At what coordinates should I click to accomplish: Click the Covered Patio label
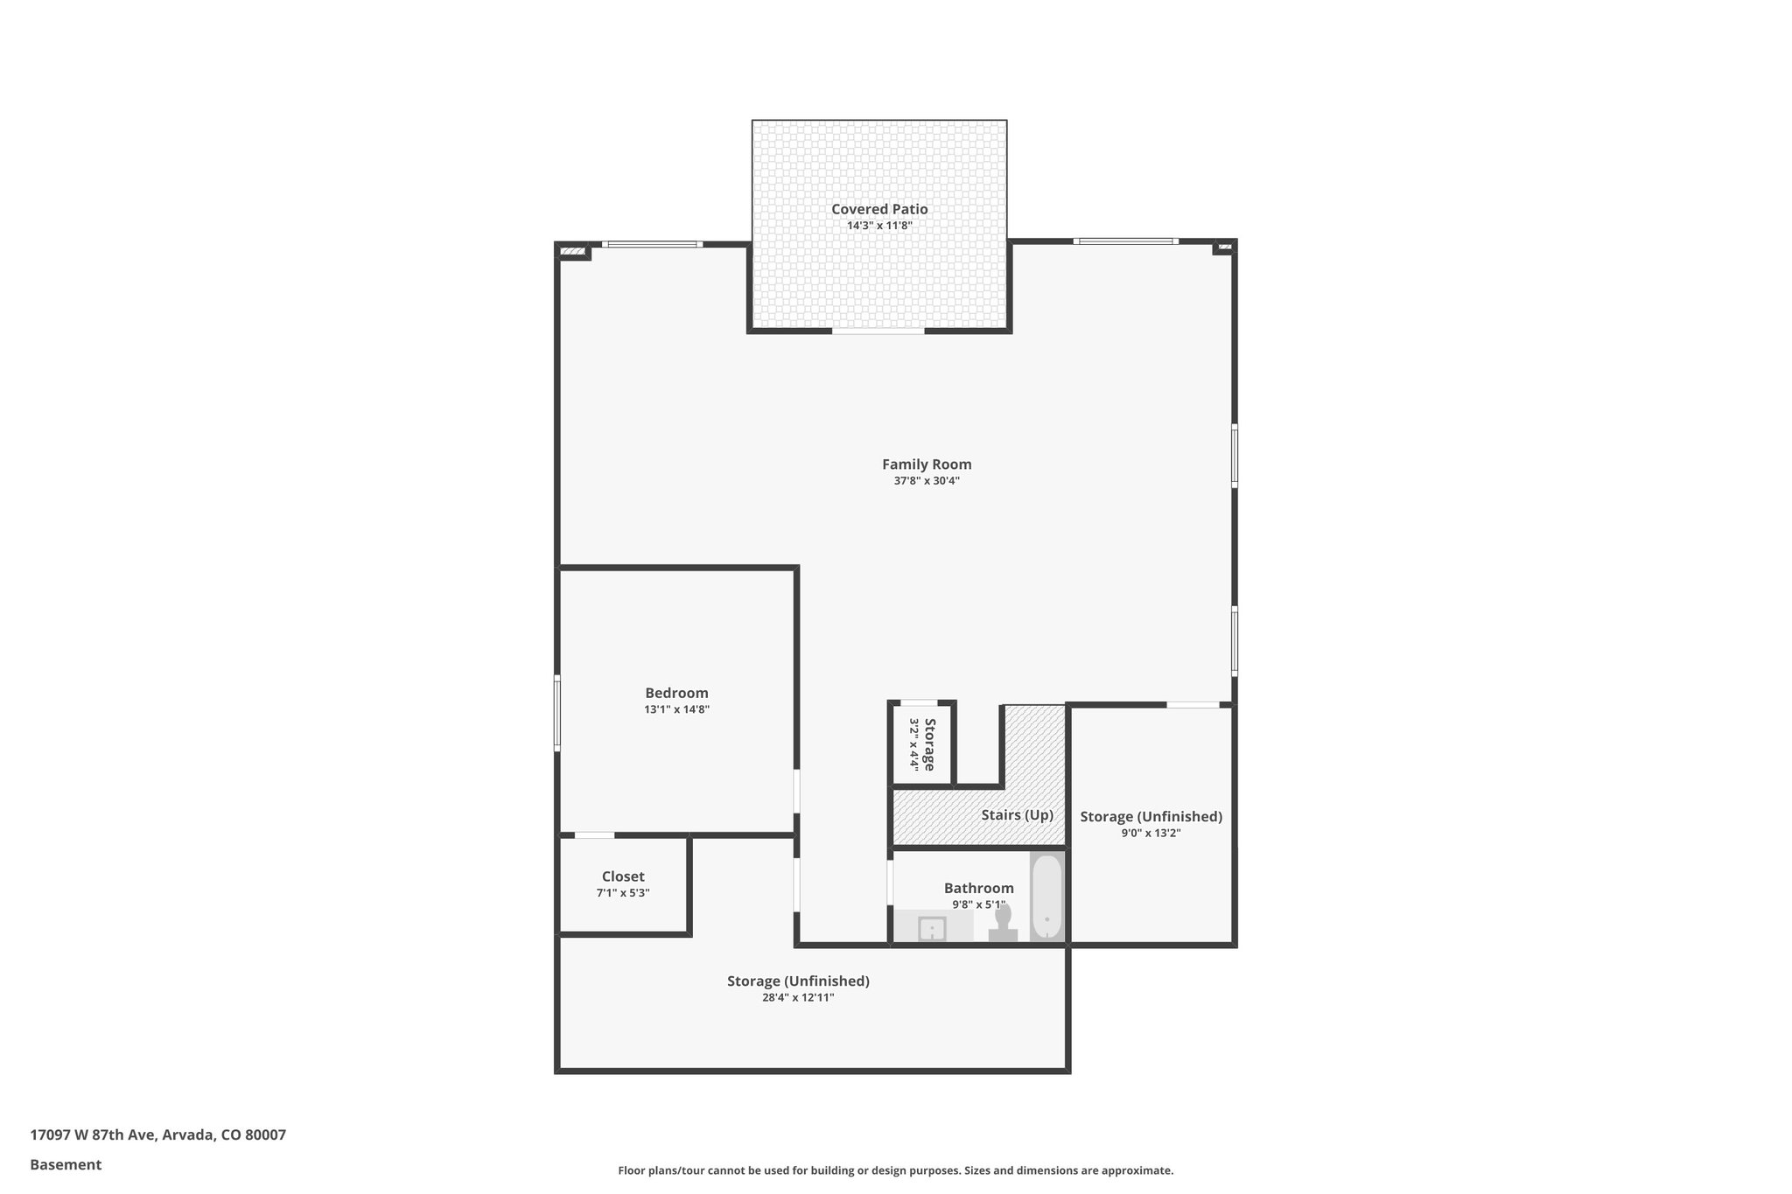[878, 209]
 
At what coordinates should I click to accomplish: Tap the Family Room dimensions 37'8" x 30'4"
[926, 481]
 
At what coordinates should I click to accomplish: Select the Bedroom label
[676, 694]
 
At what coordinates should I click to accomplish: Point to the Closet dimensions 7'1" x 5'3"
[623, 893]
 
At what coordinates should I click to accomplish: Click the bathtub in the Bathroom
[1046, 897]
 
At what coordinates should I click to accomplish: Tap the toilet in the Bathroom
[1003, 923]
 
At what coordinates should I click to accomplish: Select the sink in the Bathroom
[932, 928]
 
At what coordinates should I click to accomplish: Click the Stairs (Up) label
[1017, 815]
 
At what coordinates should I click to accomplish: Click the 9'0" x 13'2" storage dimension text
[1151, 834]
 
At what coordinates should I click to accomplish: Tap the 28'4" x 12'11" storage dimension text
[798, 998]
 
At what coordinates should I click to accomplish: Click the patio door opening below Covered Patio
[878, 332]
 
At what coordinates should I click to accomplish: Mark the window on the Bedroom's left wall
[557, 713]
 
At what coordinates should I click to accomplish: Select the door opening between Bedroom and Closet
[594, 835]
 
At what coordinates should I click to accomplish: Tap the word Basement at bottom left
[66, 1165]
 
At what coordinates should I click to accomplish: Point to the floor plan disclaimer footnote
[895, 1170]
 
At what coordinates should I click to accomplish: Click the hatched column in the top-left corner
[572, 253]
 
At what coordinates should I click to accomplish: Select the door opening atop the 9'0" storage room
[1193, 705]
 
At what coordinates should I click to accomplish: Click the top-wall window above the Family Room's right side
[1125, 241]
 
